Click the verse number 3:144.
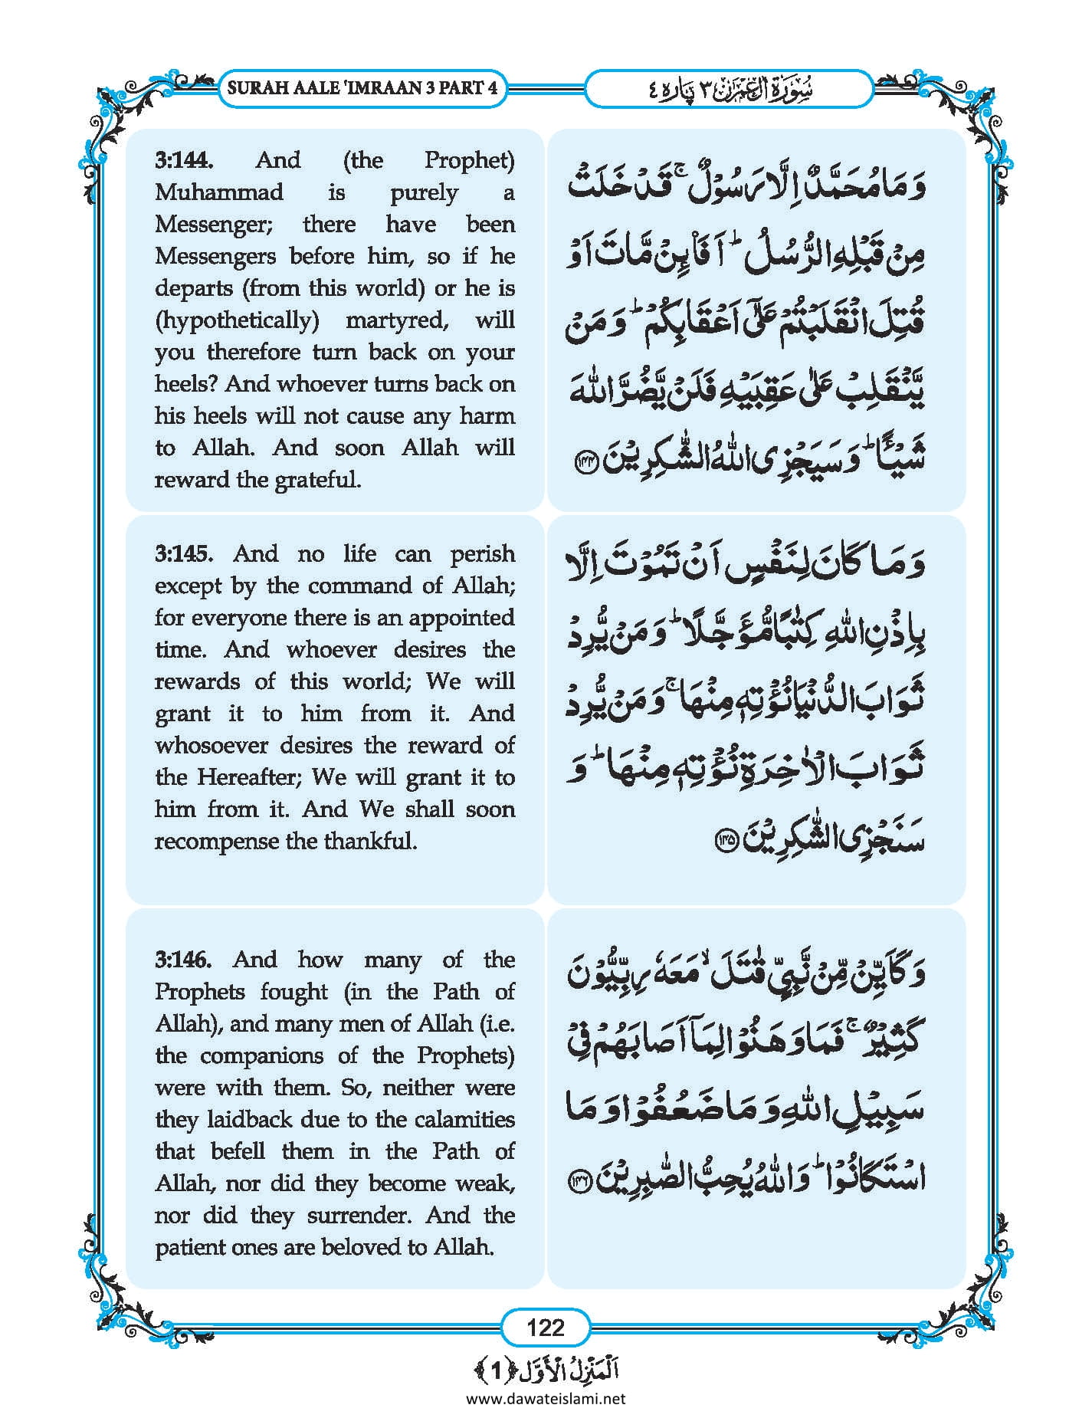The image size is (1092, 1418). tap(184, 160)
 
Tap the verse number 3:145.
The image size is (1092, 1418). tap(184, 554)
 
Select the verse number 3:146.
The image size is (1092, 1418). tap(184, 960)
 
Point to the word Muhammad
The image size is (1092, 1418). tap(219, 192)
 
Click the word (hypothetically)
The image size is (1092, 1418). tap(236, 320)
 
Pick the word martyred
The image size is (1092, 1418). tap(397, 320)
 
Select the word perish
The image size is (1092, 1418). tap(482, 554)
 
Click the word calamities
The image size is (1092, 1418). tap(464, 1120)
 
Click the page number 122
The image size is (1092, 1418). tap(546, 1328)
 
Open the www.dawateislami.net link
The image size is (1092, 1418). tap(546, 1399)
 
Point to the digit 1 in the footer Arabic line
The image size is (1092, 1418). tap(496, 1370)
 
